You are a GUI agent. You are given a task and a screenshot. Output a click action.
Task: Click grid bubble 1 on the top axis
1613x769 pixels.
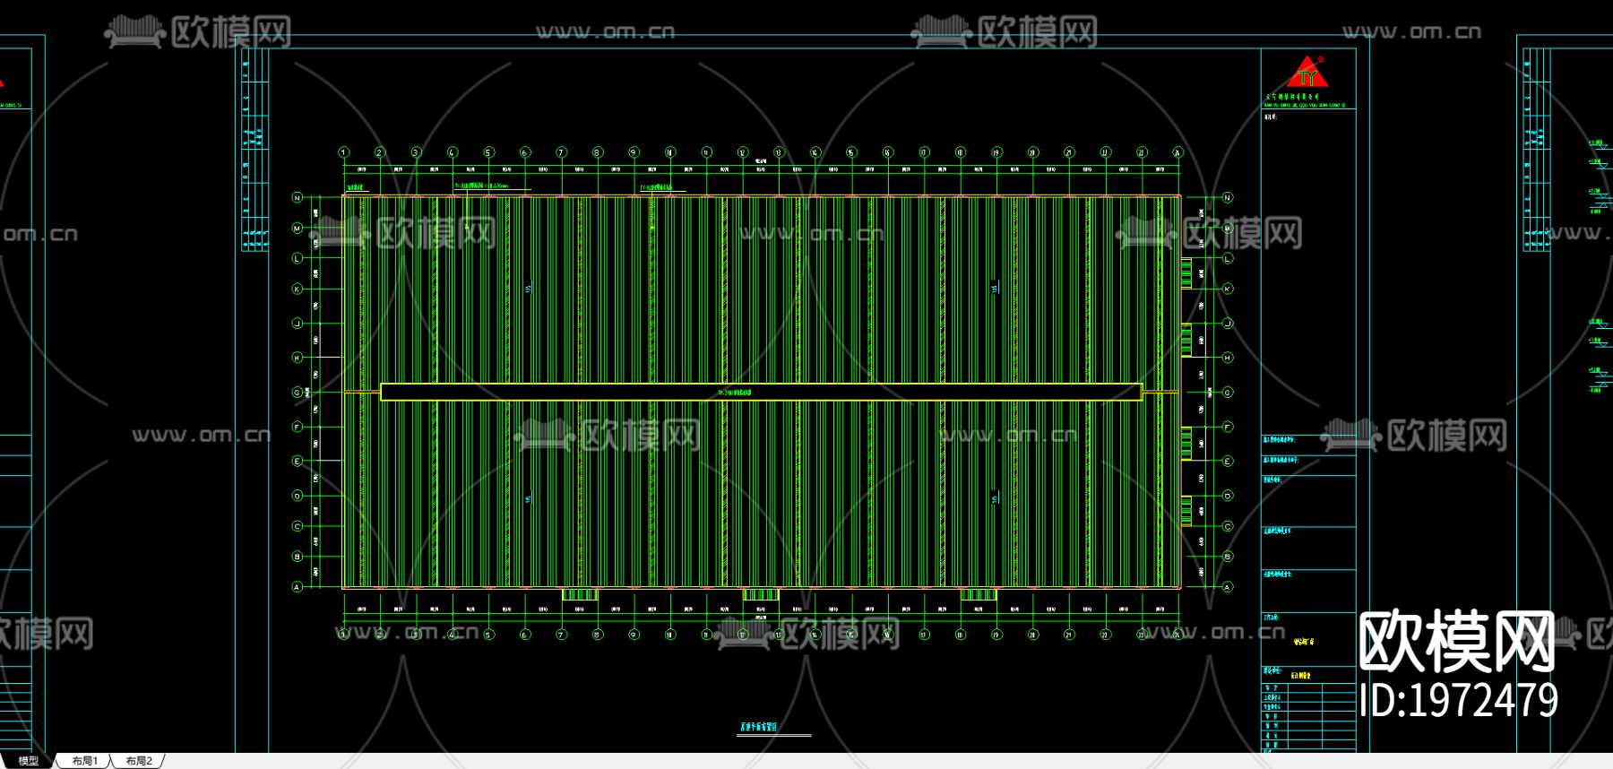(x=343, y=152)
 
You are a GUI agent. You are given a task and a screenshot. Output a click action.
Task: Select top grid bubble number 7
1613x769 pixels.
(x=561, y=152)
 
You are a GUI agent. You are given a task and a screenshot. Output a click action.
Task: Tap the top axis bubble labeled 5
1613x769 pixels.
(x=488, y=152)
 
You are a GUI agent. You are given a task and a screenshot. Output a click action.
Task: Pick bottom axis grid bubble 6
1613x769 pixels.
(x=525, y=635)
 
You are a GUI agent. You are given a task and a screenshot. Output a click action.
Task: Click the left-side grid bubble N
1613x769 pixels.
(x=298, y=197)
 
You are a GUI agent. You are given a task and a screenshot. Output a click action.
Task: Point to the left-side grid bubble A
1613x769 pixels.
(x=298, y=587)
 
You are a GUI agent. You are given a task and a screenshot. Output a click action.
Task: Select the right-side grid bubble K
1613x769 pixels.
(x=1228, y=289)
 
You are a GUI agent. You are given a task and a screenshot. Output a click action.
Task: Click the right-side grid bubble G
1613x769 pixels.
(x=1228, y=393)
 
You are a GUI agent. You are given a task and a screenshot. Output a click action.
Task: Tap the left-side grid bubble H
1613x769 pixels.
(x=298, y=358)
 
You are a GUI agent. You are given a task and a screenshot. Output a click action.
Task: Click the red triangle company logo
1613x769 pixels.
(x=1308, y=73)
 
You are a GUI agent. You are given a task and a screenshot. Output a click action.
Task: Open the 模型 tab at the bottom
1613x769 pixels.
(x=29, y=761)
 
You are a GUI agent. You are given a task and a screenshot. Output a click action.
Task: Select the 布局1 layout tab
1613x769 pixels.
(x=85, y=761)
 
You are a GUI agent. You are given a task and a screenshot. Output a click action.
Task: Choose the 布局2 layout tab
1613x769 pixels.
(x=139, y=761)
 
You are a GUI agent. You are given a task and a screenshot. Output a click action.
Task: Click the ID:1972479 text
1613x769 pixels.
(x=1458, y=700)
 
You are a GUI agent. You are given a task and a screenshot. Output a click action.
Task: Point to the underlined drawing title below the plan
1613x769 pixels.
(x=758, y=728)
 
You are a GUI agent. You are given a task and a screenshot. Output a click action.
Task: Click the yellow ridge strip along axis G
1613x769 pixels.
(x=761, y=392)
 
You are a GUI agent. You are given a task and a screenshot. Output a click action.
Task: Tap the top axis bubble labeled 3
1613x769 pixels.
(x=416, y=152)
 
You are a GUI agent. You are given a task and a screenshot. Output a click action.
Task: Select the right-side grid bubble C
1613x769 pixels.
(x=1228, y=526)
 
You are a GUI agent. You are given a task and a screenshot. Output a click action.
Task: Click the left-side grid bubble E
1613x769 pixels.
(x=298, y=461)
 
